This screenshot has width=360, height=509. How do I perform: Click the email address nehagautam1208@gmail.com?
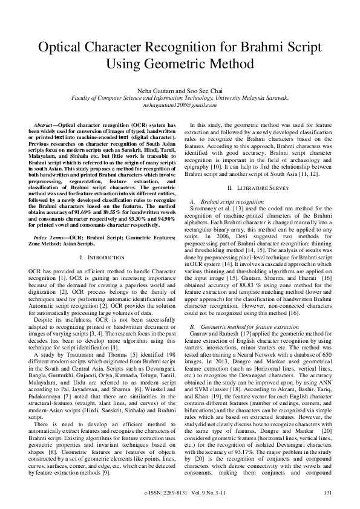point(180,105)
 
